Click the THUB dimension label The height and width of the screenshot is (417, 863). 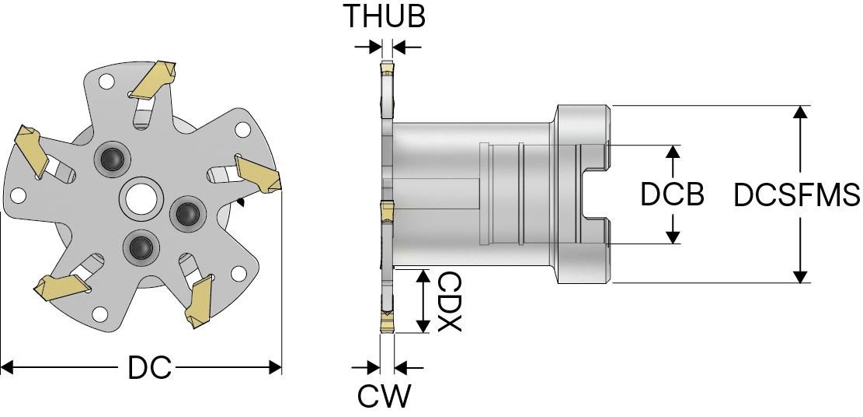click(385, 16)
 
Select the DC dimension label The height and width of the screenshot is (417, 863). click(149, 368)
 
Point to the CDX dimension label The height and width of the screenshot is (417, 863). click(449, 301)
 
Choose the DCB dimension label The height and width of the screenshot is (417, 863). click(672, 194)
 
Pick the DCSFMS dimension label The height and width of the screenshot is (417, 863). click(797, 194)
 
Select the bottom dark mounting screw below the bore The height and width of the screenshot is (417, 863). click(141, 247)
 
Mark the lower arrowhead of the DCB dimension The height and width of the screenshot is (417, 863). click(673, 237)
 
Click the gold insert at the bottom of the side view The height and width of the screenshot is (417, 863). click(386, 321)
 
